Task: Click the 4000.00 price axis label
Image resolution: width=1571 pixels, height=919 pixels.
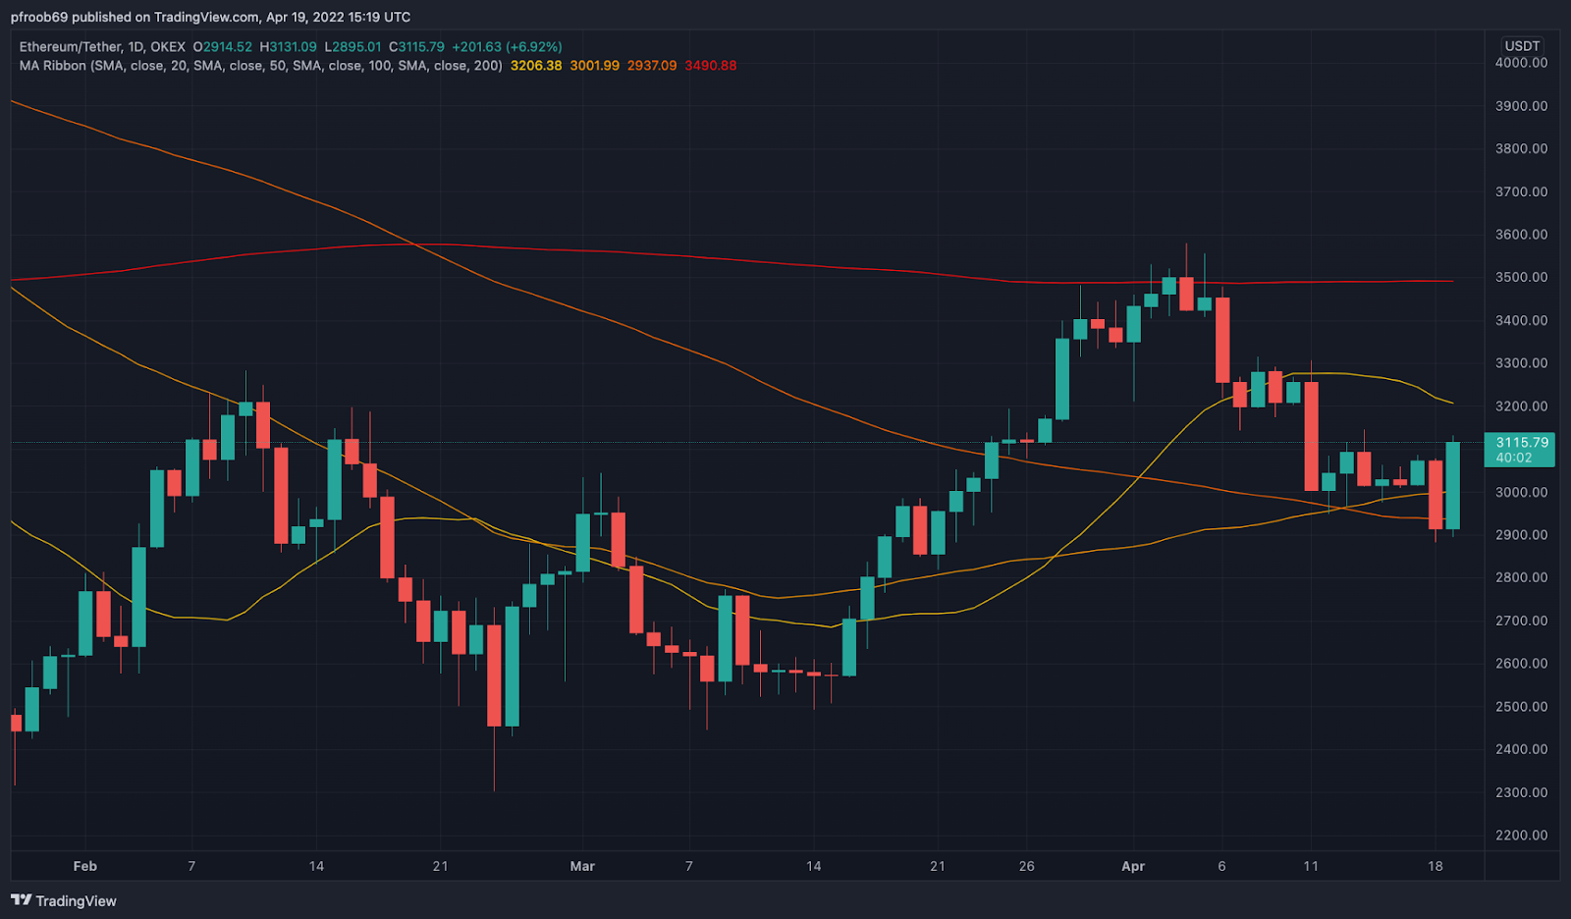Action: pos(1521,63)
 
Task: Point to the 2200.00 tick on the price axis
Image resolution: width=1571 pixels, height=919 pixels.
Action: pos(1521,836)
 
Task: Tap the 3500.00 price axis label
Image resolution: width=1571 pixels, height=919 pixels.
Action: pos(1521,278)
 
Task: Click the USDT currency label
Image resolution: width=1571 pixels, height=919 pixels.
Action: pos(1522,46)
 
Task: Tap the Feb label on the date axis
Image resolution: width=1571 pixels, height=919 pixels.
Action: pos(85,866)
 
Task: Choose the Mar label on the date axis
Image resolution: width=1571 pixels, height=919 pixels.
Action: pos(582,866)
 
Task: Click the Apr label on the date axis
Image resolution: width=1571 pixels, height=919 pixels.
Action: pos(1133,866)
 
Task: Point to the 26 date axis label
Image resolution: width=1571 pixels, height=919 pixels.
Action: pos(1026,866)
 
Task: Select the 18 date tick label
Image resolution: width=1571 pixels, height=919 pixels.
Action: pos(1436,866)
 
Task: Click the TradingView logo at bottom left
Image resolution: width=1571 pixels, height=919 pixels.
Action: pos(64,900)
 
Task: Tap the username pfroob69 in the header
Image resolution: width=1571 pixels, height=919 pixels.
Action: pos(39,17)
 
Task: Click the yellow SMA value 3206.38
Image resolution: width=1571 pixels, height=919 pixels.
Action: pos(536,66)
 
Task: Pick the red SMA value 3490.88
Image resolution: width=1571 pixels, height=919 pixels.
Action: pos(711,66)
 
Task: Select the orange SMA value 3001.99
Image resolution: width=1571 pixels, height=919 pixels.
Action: pos(595,66)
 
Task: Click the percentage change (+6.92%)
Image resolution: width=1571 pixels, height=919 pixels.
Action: pos(534,47)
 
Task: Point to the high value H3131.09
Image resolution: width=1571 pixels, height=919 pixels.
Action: pos(289,47)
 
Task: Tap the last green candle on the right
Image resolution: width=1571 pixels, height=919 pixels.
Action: pos(1452,485)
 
